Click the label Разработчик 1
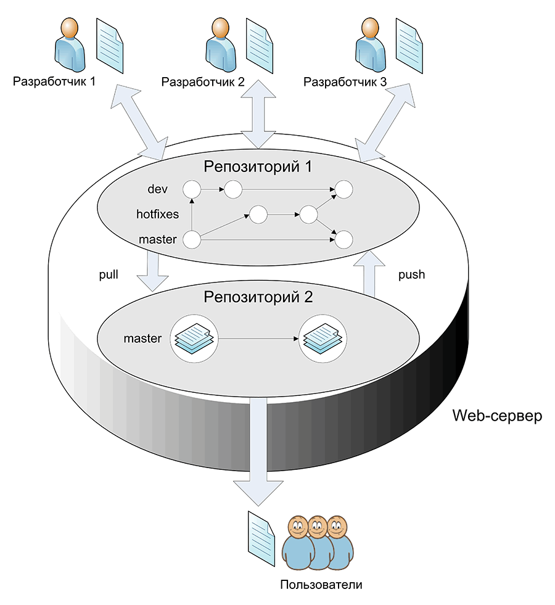[54, 82]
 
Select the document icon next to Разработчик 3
[409, 46]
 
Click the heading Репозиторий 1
[258, 167]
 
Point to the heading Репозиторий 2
[258, 297]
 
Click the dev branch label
[158, 189]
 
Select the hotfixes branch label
[157, 214]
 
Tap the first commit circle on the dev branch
[192, 189]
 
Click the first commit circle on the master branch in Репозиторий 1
[192, 240]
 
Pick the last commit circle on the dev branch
[343, 189]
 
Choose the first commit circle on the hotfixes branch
[258, 215]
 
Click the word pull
[109, 274]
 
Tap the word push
[411, 274]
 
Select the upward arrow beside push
[369, 274]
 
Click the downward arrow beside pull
[153, 272]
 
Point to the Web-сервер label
[497, 416]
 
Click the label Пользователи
[321, 585]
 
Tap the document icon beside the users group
[261, 538]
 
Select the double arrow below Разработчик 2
[258, 114]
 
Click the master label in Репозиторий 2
[142, 339]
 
